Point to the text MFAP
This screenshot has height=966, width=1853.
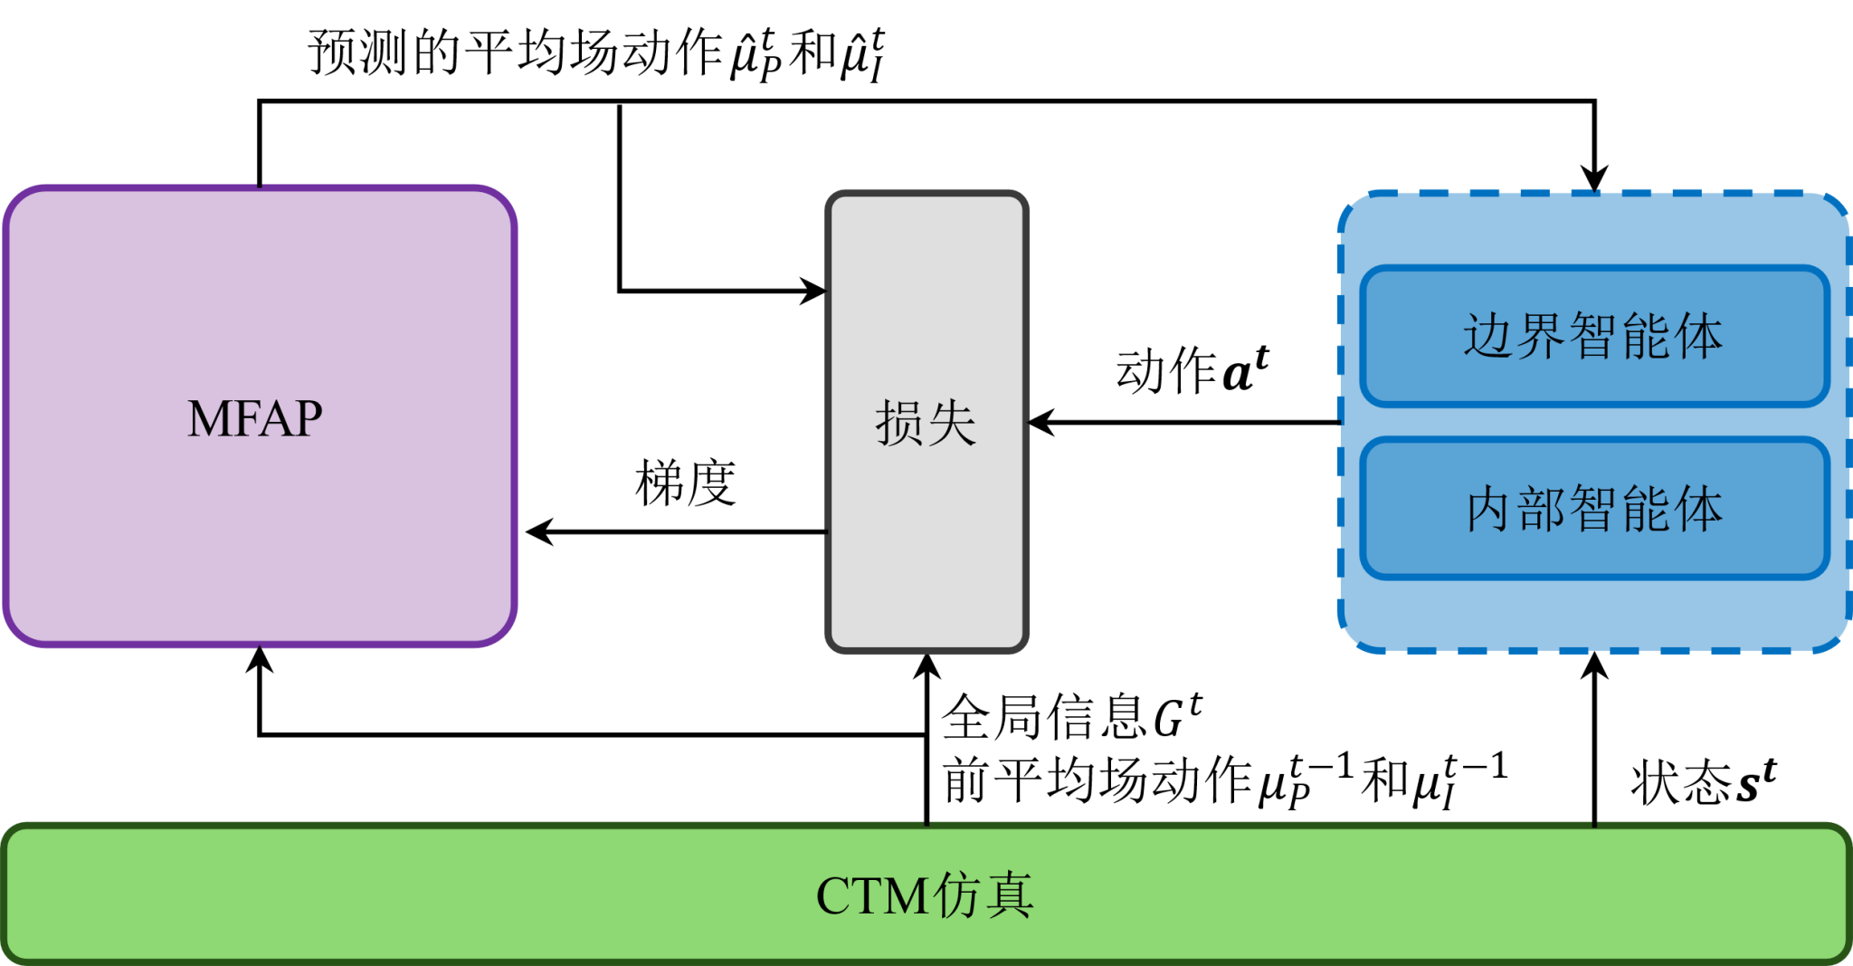pyautogui.click(x=255, y=419)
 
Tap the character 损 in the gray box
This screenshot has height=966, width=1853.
pyautogui.click(x=899, y=423)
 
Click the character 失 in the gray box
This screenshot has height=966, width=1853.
pyautogui.click(x=952, y=423)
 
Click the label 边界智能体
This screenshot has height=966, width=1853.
pyautogui.click(x=1592, y=337)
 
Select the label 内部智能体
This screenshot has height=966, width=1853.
pyautogui.click(x=1594, y=509)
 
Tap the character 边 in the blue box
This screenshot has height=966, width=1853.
pyautogui.click(x=1488, y=337)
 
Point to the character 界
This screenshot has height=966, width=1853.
pyautogui.click(x=1541, y=337)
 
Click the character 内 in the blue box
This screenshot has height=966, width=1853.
pyautogui.click(x=1490, y=509)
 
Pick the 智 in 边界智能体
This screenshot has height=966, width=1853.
pyautogui.click(x=1594, y=337)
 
